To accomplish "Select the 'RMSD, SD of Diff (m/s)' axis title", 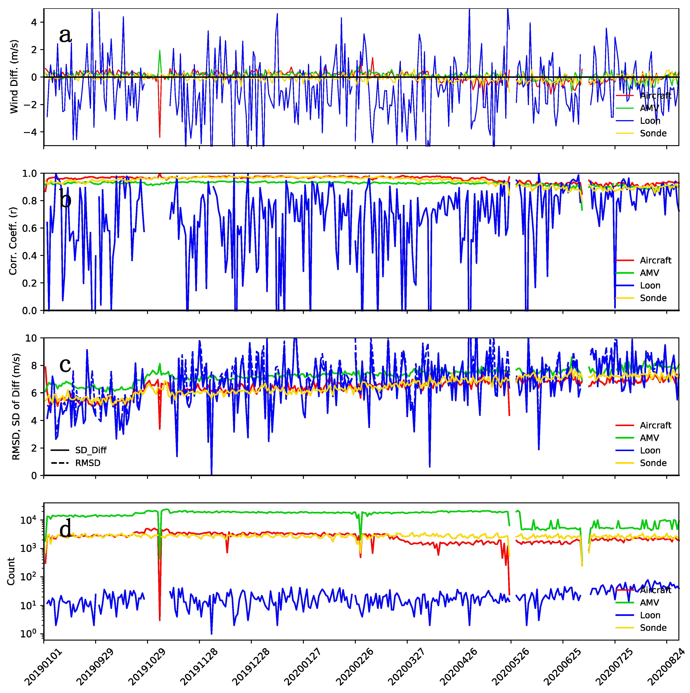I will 16,406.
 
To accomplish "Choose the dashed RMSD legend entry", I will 88,463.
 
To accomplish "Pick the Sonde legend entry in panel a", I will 653,133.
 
